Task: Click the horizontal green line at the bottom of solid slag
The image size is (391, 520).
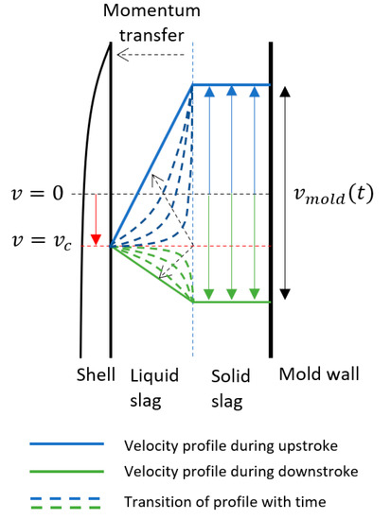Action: click(x=232, y=302)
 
